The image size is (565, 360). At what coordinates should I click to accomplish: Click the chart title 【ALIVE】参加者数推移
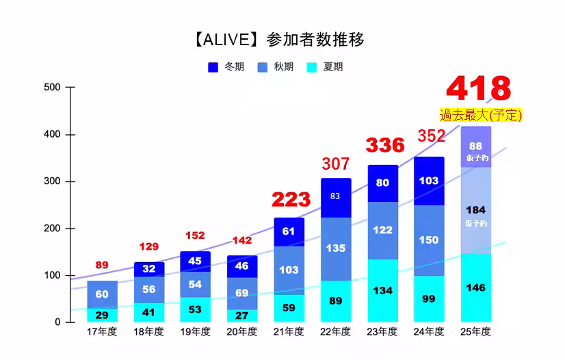[x=278, y=40]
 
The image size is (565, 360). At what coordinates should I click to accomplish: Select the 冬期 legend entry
[x=226, y=67]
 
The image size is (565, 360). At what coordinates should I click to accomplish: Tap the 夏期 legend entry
[x=324, y=67]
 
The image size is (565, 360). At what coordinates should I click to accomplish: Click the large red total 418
[x=478, y=90]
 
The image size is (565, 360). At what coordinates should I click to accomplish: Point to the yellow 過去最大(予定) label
[x=480, y=115]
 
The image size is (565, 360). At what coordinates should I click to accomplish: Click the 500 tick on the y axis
[x=52, y=88]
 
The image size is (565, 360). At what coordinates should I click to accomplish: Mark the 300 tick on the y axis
[x=52, y=181]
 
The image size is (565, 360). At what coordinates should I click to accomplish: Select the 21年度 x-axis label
[x=289, y=332]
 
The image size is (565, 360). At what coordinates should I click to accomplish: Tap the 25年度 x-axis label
[x=475, y=332]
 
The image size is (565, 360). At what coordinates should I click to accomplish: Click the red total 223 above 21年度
[x=291, y=200]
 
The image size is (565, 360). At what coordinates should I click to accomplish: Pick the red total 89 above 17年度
[x=102, y=265]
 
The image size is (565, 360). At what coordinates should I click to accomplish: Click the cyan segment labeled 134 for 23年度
[x=382, y=291]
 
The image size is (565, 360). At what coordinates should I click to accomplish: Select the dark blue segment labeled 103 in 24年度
[x=429, y=181]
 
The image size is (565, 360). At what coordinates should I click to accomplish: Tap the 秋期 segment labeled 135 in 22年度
[x=336, y=248]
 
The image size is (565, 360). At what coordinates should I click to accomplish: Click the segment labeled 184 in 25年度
[x=475, y=210]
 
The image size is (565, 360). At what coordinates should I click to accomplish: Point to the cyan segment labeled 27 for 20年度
[x=242, y=316]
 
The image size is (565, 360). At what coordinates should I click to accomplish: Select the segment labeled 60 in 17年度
[x=102, y=294]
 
